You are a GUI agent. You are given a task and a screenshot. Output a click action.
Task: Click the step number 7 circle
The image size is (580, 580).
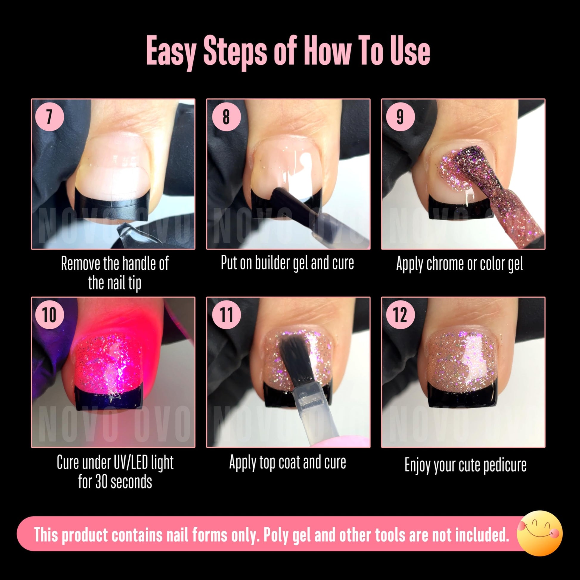click(49, 117)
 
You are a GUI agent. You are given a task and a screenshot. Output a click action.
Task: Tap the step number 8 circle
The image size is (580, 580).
click(226, 117)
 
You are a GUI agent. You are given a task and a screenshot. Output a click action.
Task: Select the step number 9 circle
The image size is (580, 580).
click(401, 117)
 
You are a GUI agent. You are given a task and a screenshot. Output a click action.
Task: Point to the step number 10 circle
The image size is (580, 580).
click(49, 315)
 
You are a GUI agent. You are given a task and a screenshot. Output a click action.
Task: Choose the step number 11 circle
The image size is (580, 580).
click(226, 315)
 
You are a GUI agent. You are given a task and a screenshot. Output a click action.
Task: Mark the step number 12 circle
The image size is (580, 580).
click(401, 315)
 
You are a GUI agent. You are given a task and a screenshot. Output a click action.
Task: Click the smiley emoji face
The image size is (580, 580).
click(539, 533)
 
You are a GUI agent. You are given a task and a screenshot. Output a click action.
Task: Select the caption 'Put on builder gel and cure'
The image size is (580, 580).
click(287, 263)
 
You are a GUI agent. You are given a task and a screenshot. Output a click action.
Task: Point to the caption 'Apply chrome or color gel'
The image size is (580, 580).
click(460, 264)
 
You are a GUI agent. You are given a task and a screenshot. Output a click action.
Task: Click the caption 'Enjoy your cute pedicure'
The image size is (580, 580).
click(466, 465)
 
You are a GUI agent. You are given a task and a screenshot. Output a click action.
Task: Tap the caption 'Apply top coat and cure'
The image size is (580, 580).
click(288, 462)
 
